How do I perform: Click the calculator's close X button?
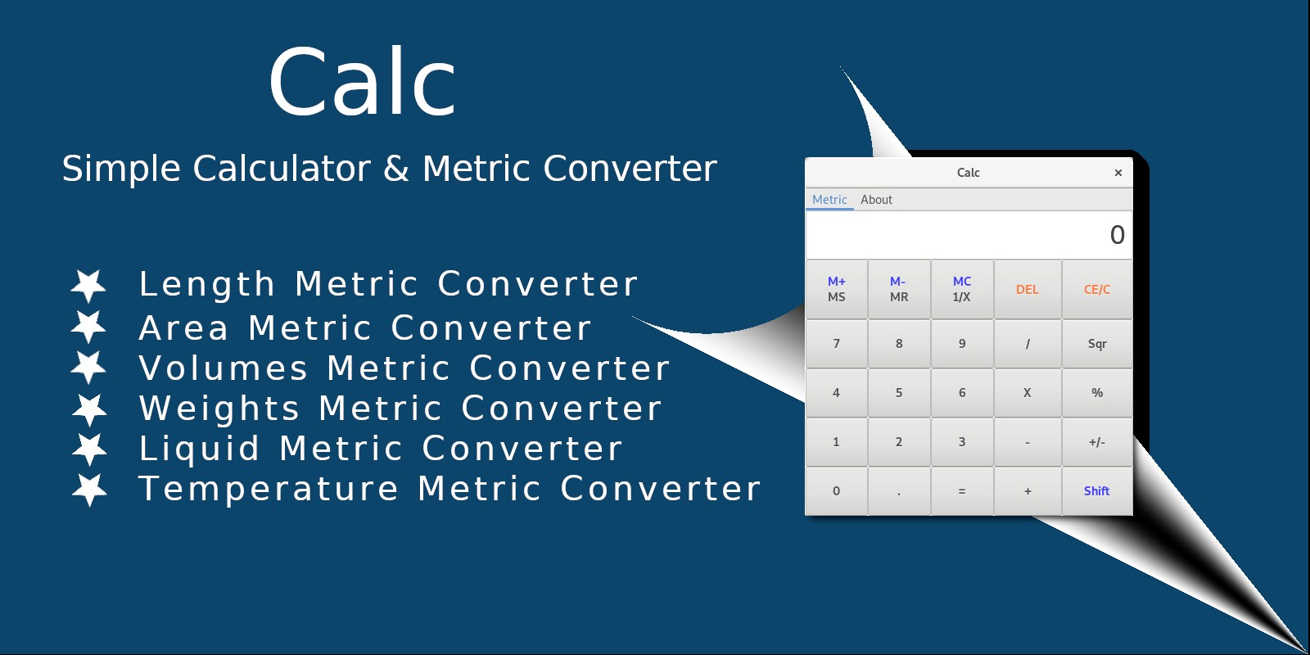(1118, 173)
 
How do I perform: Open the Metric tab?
(829, 200)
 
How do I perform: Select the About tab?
(876, 200)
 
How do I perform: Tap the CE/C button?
(1096, 290)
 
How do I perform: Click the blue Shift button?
(1096, 490)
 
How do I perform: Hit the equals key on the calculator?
(962, 490)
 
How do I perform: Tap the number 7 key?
(836, 343)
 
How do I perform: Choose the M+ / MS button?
(836, 290)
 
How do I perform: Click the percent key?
(1096, 392)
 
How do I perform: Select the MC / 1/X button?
(962, 290)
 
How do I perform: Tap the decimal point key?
(899, 490)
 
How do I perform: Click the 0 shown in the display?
(1117, 235)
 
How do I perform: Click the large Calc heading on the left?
(362, 81)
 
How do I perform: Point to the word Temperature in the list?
(269, 489)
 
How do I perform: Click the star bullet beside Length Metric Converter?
(88, 286)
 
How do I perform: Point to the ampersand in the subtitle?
(396, 169)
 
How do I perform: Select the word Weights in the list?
(219, 409)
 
